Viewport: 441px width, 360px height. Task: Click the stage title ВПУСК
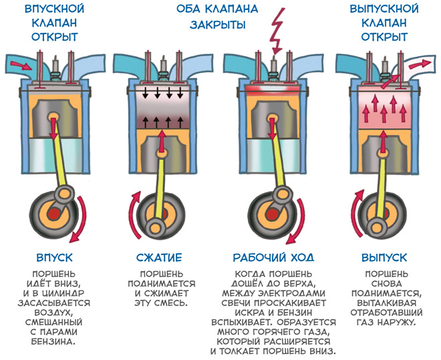[x=55, y=257]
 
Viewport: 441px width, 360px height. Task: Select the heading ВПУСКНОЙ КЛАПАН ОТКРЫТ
[x=55, y=23]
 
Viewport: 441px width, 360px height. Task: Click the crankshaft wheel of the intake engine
[x=53, y=216]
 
